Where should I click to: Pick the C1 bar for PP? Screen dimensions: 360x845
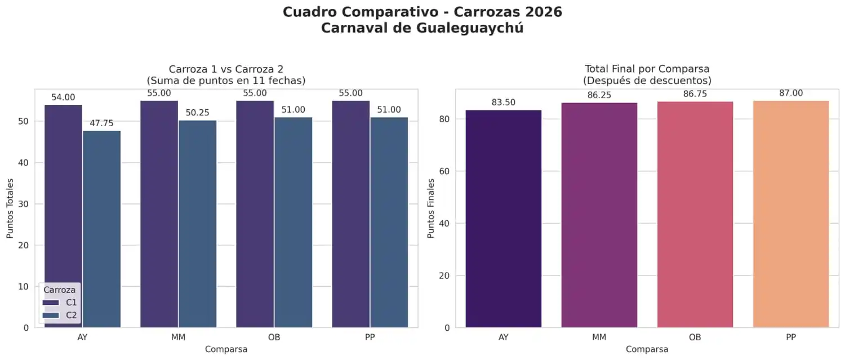coord(351,214)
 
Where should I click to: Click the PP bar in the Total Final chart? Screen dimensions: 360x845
coord(791,214)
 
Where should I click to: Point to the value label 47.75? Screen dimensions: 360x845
coord(101,123)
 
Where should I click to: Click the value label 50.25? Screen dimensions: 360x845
coord(197,113)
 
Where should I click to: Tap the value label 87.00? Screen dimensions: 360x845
coord(791,93)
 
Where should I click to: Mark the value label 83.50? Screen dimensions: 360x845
coord(504,102)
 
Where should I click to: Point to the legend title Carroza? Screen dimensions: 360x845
coord(60,290)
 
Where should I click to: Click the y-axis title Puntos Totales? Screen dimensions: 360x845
coord(10,208)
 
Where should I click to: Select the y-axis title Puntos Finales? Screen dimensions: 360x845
coord(431,208)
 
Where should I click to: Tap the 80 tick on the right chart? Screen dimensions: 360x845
coord(444,119)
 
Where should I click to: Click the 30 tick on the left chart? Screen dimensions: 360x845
coord(23,204)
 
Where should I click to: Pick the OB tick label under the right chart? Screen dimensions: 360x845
coord(695,337)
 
